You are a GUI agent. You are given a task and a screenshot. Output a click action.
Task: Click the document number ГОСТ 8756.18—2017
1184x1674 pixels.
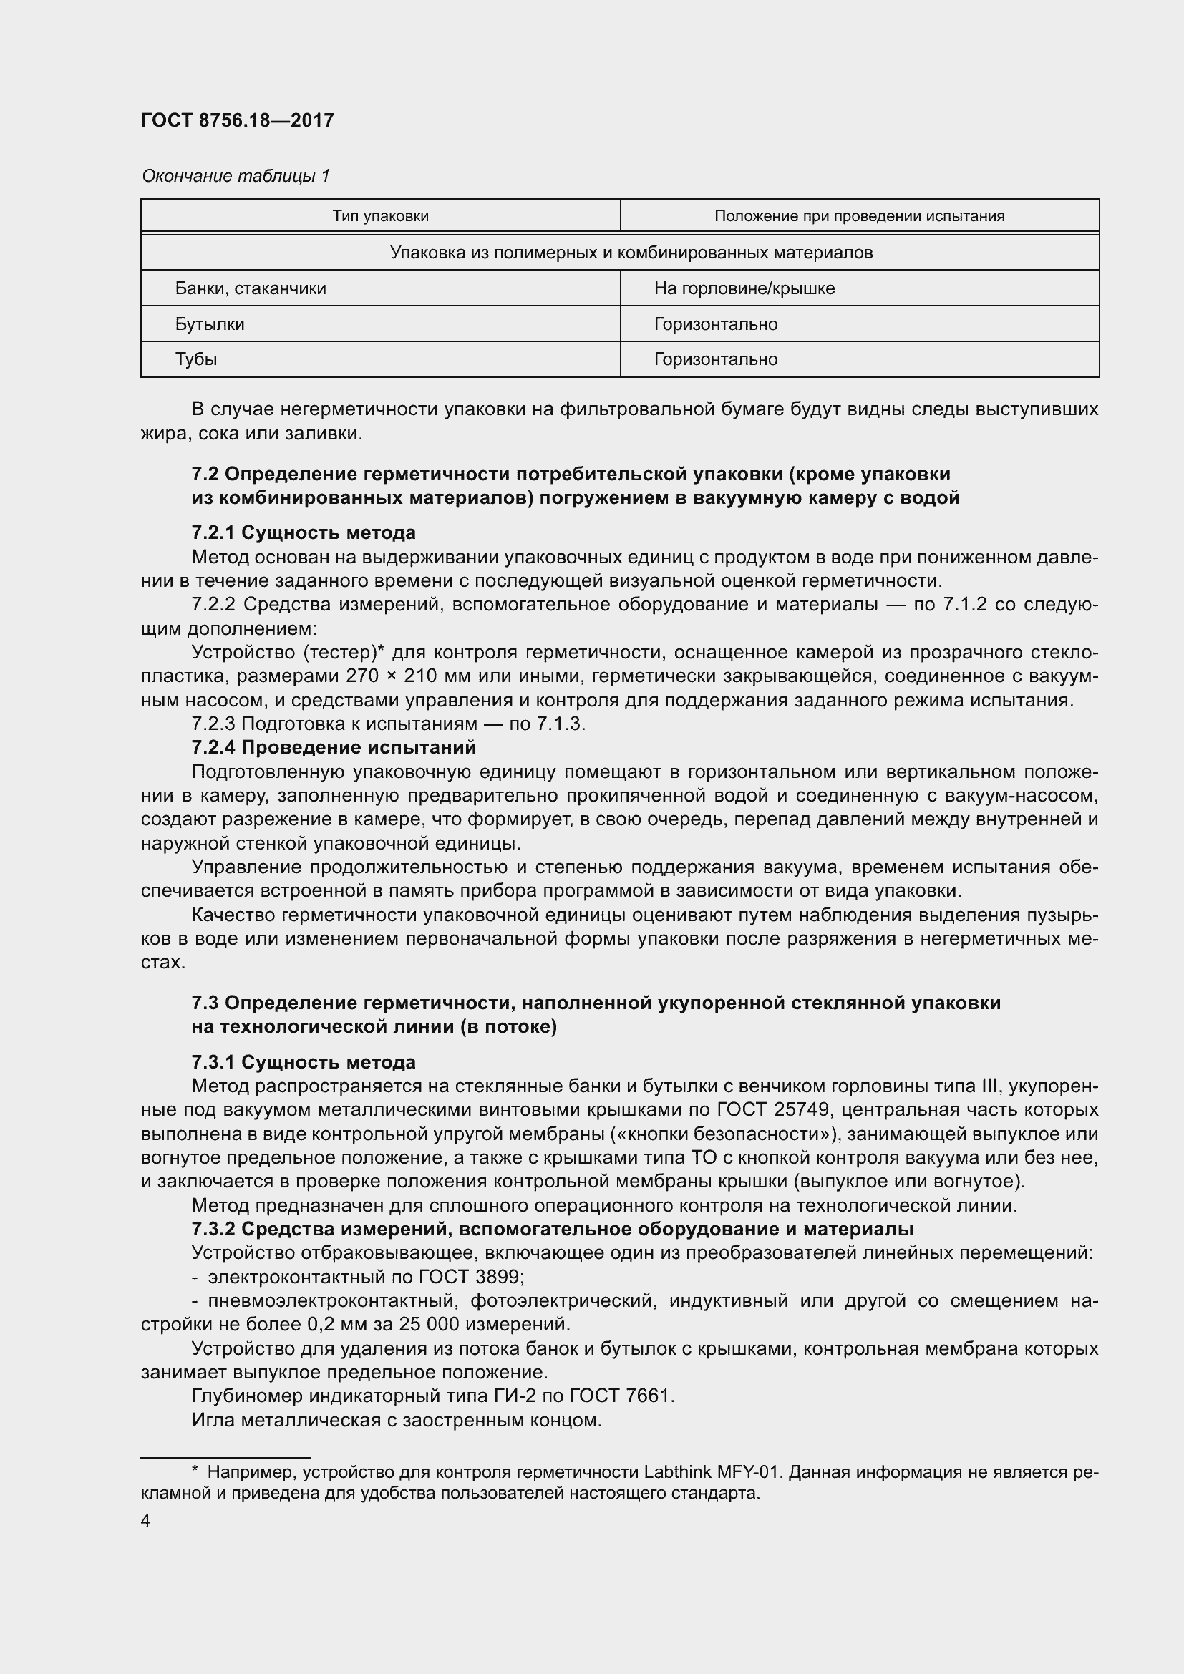237,120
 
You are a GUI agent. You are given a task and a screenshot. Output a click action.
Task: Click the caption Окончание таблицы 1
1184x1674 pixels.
236,176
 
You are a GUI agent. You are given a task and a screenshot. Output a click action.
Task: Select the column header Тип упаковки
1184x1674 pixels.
381,216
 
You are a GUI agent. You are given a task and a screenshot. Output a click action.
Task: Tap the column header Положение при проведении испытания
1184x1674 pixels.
859,216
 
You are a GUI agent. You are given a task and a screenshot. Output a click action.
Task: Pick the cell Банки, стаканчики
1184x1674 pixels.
250,288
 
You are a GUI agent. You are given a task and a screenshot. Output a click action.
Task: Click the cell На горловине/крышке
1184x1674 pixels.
744,288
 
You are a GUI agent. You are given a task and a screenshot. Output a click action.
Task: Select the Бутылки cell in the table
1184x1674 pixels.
209,323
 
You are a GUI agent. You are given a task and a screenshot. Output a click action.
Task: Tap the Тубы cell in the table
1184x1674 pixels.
195,359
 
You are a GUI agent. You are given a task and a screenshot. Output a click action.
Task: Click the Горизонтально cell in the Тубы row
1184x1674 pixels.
715,359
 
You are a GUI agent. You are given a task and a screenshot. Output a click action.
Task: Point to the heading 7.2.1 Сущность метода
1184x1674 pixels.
304,532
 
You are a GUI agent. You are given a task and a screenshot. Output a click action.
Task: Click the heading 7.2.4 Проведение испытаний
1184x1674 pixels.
333,747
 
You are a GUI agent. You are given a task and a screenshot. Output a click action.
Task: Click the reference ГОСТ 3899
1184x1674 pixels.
470,1277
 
